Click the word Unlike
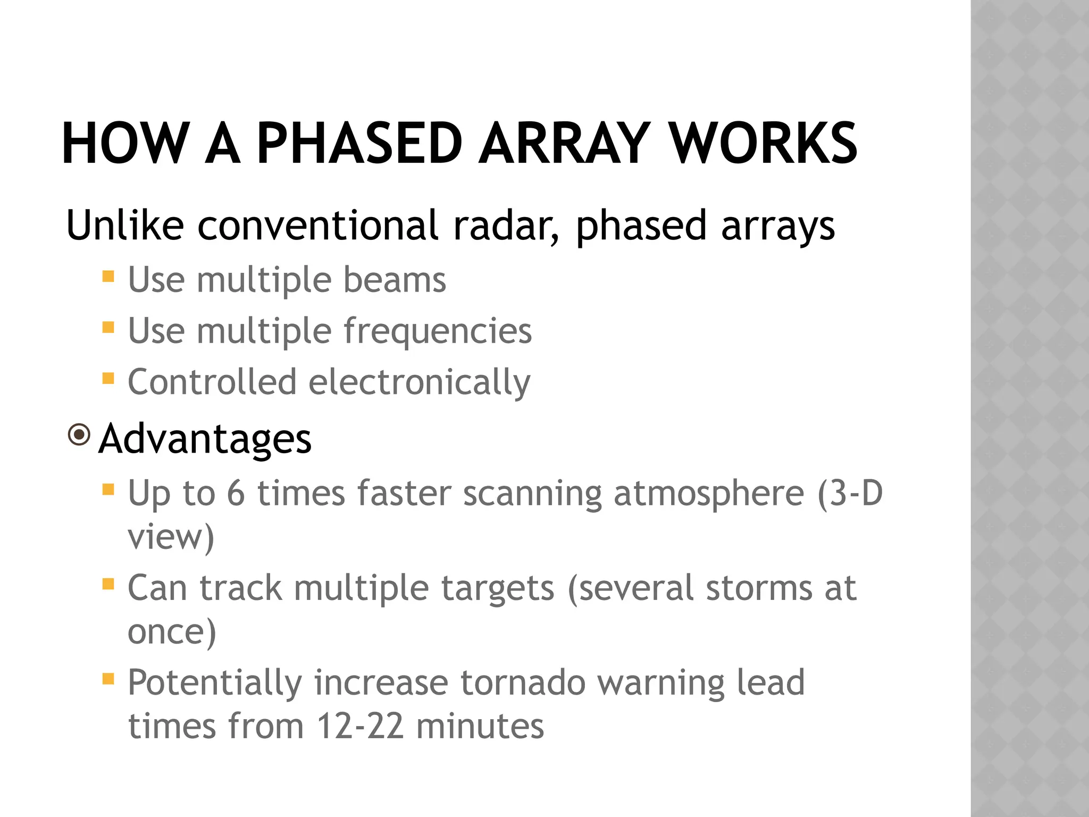point(125,225)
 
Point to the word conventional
point(318,225)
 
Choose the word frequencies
point(438,331)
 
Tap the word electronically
point(420,382)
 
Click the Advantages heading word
point(205,438)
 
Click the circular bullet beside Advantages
point(79,435)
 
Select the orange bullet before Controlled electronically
point(108,379)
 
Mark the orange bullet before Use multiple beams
point(108,276)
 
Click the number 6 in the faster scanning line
point(236,493)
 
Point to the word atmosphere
point(708,494)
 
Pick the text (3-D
point(850,493)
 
